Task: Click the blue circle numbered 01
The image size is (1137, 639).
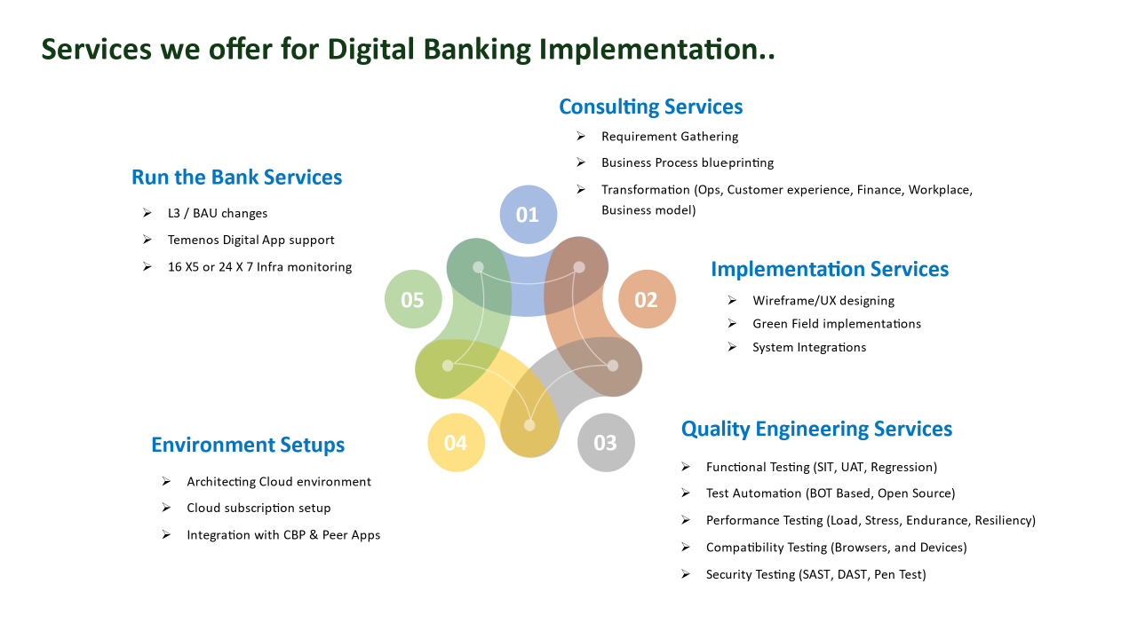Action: [528, 214]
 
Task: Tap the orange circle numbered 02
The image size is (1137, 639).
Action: [647, 300]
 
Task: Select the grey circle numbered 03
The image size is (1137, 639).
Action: [606, 442]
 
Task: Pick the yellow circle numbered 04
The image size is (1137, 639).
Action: [456, 442]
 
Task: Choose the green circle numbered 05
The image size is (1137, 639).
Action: [413, 300]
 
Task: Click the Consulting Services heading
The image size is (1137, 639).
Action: [650, 106]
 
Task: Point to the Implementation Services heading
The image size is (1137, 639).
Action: [830, 269]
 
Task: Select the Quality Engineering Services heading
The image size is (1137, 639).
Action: [816, 429]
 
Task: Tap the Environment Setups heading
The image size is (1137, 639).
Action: [248, 445]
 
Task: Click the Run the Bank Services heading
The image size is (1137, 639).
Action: [236, 177]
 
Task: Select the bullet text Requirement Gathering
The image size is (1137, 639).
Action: [670, 137]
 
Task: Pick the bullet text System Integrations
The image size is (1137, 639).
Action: [809, 347]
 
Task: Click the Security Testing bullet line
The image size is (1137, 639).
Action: [815, 574]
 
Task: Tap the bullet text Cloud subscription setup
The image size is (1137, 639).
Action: [258, 508]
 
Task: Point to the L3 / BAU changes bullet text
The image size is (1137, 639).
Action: [218, 213]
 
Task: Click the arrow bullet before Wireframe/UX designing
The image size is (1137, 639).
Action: [732, 300]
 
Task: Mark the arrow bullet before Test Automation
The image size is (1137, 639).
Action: [686, 493]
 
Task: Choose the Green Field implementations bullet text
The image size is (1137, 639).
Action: [837, 324]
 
